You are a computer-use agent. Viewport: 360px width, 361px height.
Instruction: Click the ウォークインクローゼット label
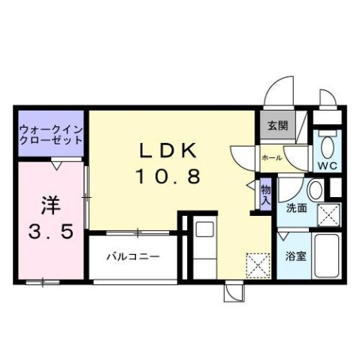[50, 135]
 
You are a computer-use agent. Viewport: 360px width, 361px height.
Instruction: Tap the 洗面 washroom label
[296, 208]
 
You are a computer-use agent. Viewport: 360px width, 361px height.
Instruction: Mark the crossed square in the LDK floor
[256, 265]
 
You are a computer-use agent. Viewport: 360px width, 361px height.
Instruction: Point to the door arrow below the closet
[57, 163]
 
